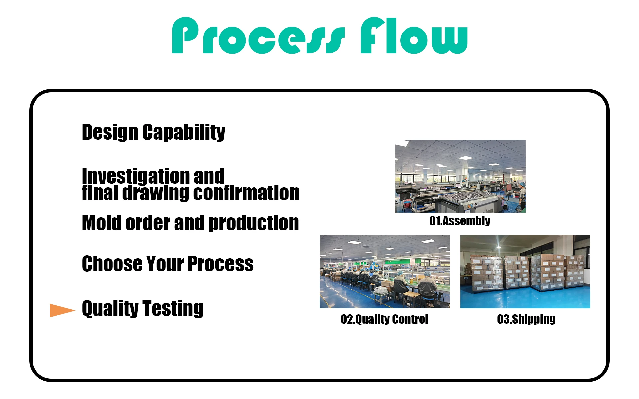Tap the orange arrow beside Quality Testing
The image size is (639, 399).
click(x=63, y=310)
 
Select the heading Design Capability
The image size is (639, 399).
click(x=153, y=132)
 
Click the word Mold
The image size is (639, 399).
click(x=102, y=223)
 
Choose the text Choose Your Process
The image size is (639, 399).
click(x=168, y=264)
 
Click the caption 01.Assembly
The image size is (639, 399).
click(x=460, y=221)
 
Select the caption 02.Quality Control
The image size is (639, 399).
click(x=384, y=319)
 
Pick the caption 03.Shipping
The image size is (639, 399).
click(x=526, y=319)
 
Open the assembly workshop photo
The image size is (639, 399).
click(x=460, y=176)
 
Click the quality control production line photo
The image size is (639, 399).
click(x=385, y=272)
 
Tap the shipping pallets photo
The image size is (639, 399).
click(x=525, y=272)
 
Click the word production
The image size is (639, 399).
click(x=254, y=223)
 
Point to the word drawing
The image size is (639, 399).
click(x=156, y=193)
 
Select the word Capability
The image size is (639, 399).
click(x=184, y=132)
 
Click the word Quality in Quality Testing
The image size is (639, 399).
click(x=110, y=308)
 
